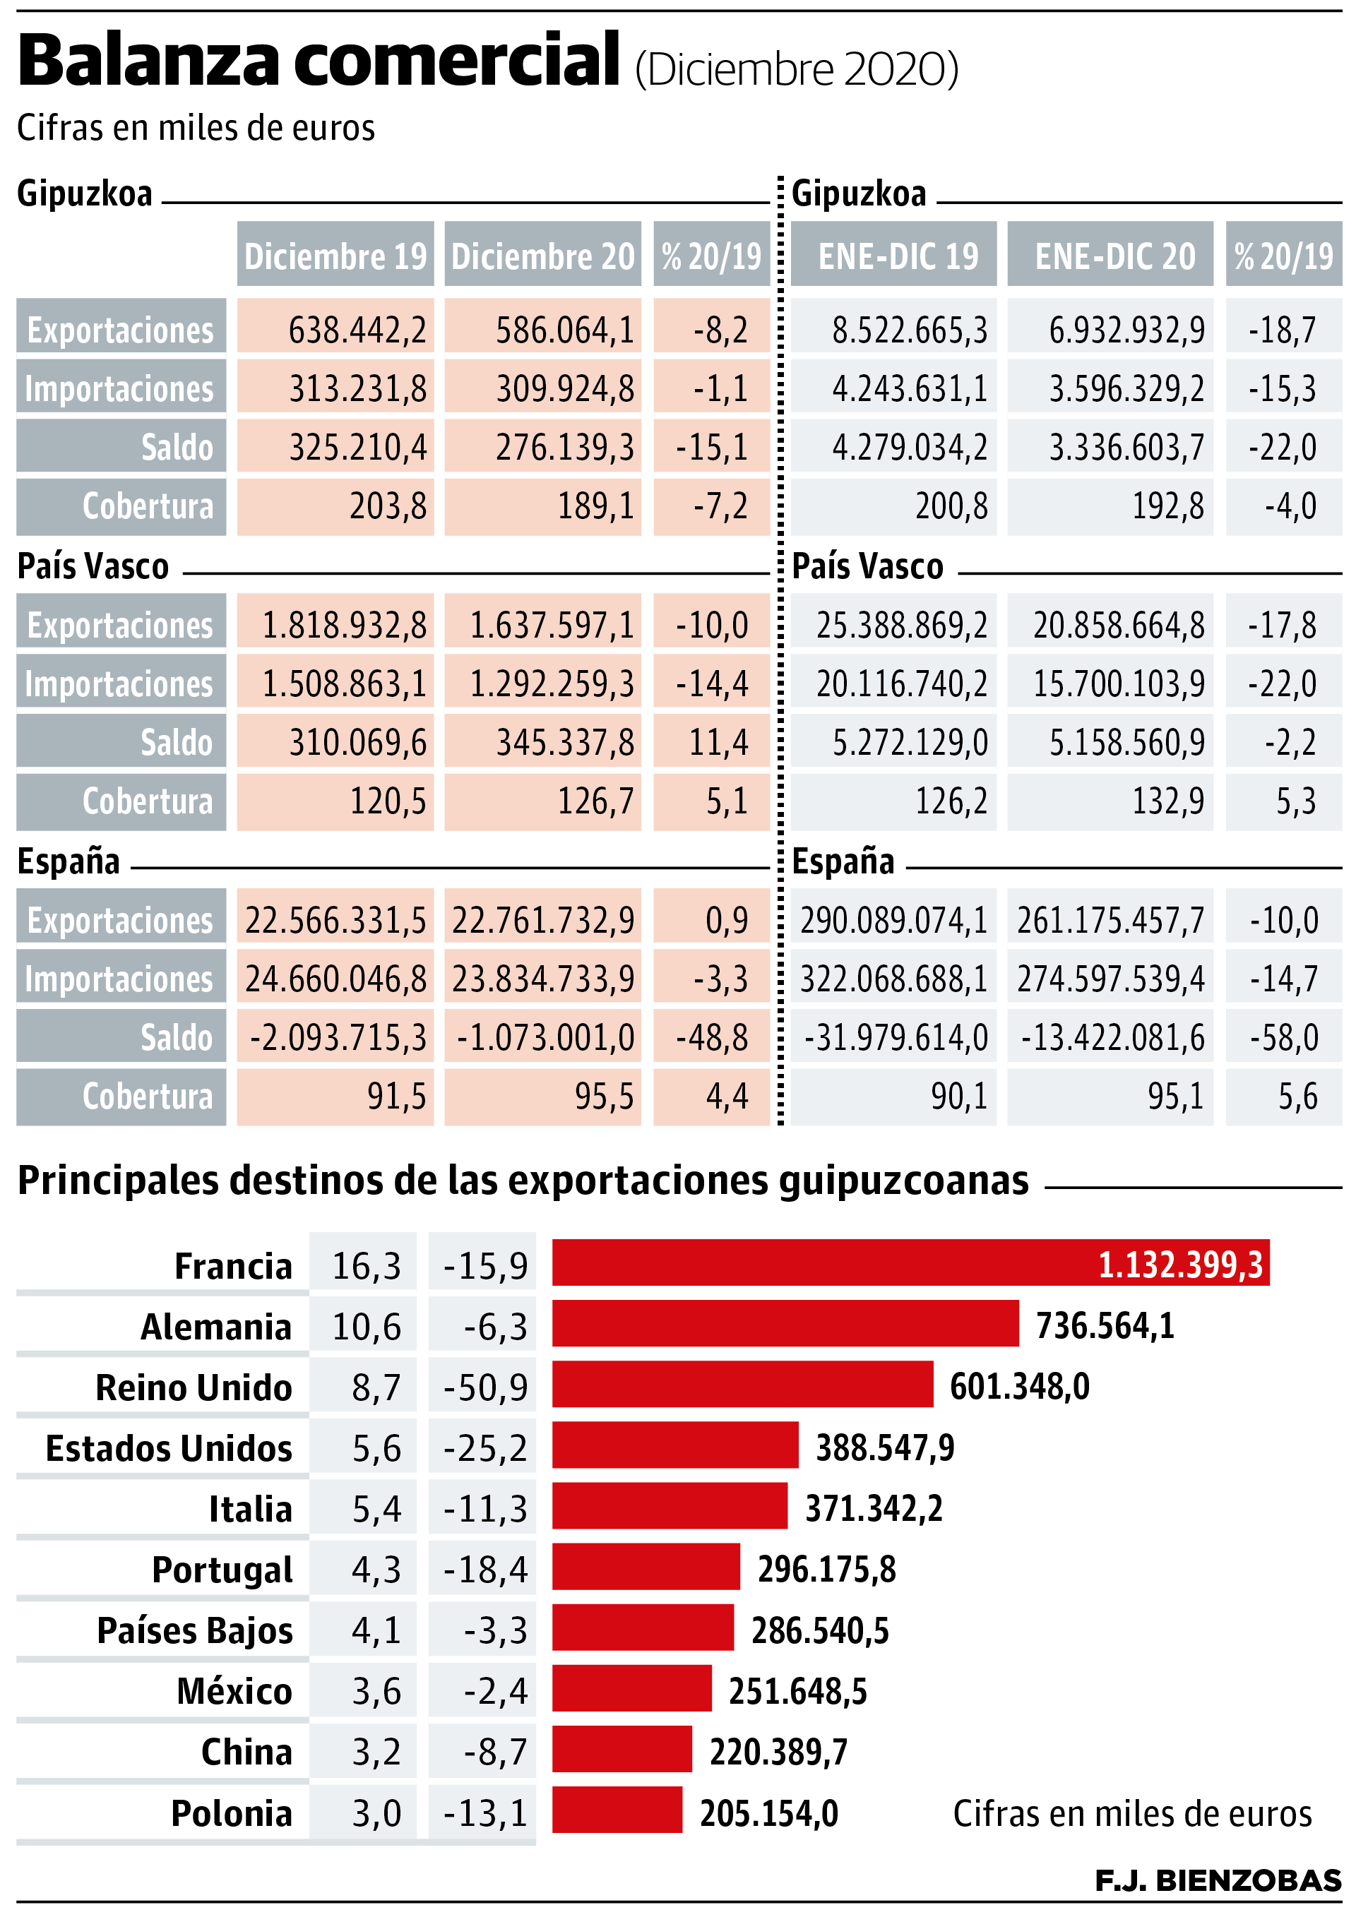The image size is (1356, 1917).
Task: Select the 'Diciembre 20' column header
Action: pos(542,256)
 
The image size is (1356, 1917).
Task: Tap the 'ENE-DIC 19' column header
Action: pos(898,256)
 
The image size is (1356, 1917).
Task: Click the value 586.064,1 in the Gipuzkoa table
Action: pos(564,330)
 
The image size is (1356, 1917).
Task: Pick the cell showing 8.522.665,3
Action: pos(909,330)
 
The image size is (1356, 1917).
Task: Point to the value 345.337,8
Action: pos(564,742)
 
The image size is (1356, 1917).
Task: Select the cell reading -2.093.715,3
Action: pos(338,1038)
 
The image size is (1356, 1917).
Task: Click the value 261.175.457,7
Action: pos(1110,920)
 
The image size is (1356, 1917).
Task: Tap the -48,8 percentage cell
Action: pos(711,1038)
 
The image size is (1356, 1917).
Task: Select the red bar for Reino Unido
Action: pos(742,1385)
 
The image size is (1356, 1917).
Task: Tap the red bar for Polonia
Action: pos(617,1810)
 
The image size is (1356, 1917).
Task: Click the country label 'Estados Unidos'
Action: pos(169,1447)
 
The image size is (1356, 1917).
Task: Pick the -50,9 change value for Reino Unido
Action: pos(485,1387)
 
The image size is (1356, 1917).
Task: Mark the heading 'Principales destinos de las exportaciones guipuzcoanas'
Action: pos(523,1181)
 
